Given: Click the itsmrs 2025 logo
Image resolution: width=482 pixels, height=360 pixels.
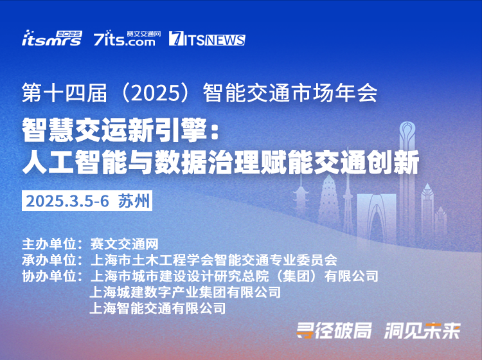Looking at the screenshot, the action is pyautogui.click(x=52, y=38).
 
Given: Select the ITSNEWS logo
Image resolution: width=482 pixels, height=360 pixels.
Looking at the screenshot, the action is pyautogui.click(x=207, y=39).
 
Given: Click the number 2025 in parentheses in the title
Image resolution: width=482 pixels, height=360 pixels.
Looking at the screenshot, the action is pyautogui.click(x=156, y=93).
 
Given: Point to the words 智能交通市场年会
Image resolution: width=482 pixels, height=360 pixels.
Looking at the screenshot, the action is pyautogui.click(x=290, y=93).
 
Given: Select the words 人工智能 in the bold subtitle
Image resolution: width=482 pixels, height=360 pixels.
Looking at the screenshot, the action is pyautogui.click(x=75, y=162).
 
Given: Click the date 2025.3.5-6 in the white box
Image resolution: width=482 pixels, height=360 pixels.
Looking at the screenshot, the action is pyautogui.click(x=67, y=201).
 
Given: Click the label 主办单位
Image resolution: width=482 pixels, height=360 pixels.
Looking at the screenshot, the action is pyautogui.click(x=49, y=244).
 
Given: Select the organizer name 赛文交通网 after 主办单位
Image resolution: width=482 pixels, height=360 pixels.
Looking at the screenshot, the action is pyautogui.click(x=124, y=244).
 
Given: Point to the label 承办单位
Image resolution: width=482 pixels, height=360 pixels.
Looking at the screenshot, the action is pyautogui.click(x=49, y=260).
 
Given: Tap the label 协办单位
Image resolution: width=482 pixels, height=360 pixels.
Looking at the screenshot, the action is pyautogui.click(x=49, y=276).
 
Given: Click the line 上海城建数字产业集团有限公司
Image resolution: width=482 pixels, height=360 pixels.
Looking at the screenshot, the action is pyautogui.click(x=185, y=292).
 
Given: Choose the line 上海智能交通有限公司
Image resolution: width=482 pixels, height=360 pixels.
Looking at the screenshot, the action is pyautogui.click(x=157, y=308).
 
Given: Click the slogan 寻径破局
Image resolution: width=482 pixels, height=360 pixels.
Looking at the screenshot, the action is pyautogui.click(x=334, y=331).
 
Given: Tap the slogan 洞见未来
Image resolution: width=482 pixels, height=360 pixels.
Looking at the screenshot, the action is pyautogui.click(x=423, y=331).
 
